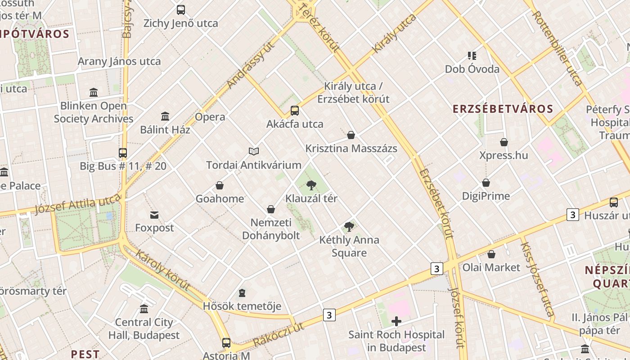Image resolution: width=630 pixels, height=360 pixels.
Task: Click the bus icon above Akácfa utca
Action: (295, 110)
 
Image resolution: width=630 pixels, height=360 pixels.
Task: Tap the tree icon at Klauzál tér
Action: (311, 185)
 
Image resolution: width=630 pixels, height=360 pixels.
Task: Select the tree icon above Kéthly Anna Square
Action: (349, 226)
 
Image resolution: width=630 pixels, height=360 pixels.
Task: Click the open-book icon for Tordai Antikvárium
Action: (254, 152)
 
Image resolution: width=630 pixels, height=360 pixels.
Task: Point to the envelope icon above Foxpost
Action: (154, 215)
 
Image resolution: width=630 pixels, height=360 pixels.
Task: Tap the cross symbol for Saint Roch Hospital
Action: (396, 321)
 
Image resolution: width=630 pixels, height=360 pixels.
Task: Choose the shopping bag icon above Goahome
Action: (220, 185)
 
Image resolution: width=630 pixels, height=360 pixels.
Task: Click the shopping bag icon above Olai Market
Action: (491, 254)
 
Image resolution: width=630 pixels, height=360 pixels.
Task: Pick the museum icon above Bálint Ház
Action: (165, 117)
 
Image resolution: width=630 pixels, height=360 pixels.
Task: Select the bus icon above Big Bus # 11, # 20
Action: (123, 153)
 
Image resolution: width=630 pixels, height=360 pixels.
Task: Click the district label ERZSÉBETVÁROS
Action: (503, 109)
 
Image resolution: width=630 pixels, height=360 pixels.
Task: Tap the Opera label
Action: (210, 117)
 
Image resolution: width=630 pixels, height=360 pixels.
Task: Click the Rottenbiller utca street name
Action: (558, 48)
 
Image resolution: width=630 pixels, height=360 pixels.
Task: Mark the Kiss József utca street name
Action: (537, 279)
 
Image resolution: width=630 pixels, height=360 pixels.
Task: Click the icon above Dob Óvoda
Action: (472, 56)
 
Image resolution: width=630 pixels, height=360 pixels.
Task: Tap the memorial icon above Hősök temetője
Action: (242, 293)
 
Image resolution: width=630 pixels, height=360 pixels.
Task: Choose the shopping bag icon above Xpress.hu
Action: (504, 142)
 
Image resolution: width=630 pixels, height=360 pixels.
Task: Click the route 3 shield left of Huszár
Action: (572, 215)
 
